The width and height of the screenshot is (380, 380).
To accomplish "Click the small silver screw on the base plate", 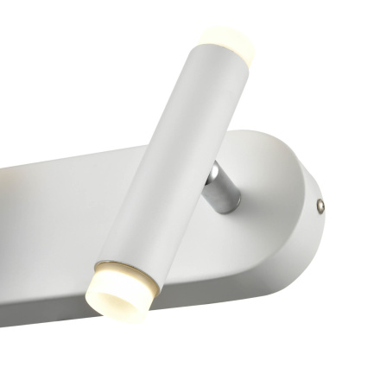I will (x=320, y=206).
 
